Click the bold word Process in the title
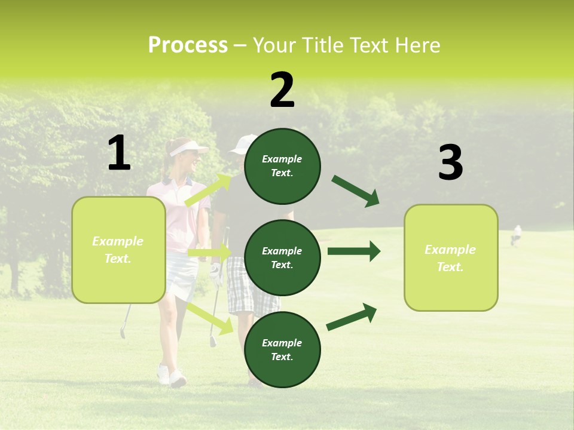188,45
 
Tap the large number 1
119,153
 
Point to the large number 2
282,90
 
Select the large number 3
450,163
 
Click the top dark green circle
282,166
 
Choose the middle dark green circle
282,257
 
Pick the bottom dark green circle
282,349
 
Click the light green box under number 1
118,250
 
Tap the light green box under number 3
450,257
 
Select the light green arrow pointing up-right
208,190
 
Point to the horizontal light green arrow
209,253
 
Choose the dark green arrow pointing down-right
355,191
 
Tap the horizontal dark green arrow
353,251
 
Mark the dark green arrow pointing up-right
352,317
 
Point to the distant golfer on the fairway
516,235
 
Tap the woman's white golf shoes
171,376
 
